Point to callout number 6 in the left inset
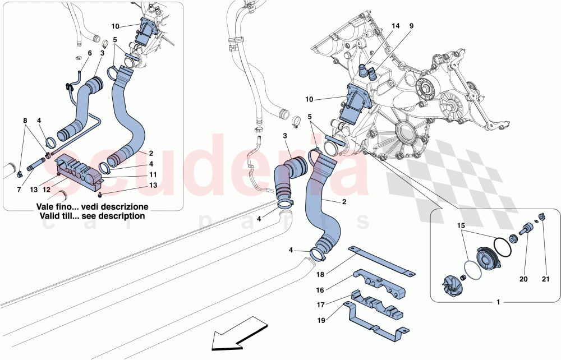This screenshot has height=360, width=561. (89, 53)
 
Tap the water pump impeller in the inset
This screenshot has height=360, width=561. (452, 279)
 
